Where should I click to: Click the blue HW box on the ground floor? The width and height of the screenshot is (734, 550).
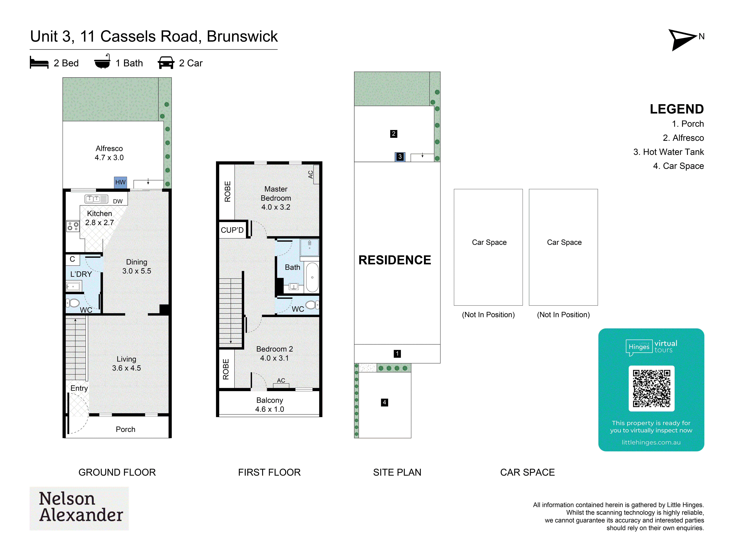pyautogui.click(x=120, y=182)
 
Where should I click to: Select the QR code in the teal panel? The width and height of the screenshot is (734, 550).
pyautogui.click(x=651, y=388)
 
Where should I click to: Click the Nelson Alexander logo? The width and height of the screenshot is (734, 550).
pyautogui.click(x=79, y=508)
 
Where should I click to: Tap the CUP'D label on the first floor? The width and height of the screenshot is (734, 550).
pyautogui.click(x=232, y=230)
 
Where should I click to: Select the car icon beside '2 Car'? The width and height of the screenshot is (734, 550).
pyautogui.click(x=166, y=63)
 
